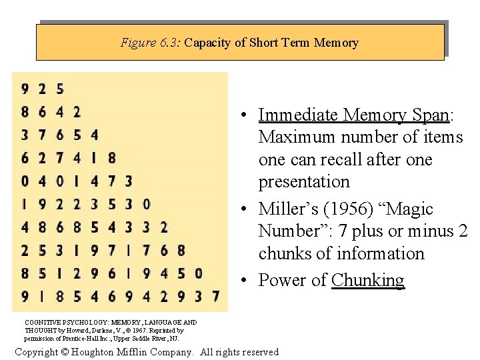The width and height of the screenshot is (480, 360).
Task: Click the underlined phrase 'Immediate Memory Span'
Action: pyautogui.click(x=353, y=115)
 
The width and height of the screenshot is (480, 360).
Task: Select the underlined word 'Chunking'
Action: pyautogui.click(x=367, y=280)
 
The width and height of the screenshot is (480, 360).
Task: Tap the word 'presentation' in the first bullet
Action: pyautogui.click(x=304, y=181)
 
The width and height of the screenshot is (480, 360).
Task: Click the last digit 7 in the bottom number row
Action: pyautogui.click(x=215, y=296)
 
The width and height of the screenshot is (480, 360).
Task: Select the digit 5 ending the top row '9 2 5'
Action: pyautogui.click(x=60, y=88)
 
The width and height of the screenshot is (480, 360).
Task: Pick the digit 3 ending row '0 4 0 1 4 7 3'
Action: pyautogui.click(x=128, y=181)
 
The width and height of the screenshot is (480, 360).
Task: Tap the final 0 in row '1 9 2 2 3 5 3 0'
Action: pyautogui.click(x=146, y=204)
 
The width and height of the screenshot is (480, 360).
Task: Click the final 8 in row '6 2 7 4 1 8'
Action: pyautogui.click(x=111, y=158)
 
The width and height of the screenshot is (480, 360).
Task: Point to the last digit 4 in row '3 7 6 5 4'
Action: pyautogui.click(x=94, y=135)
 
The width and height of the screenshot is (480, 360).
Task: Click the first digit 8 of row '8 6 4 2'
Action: pyautogui.click(x=25, y=111)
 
